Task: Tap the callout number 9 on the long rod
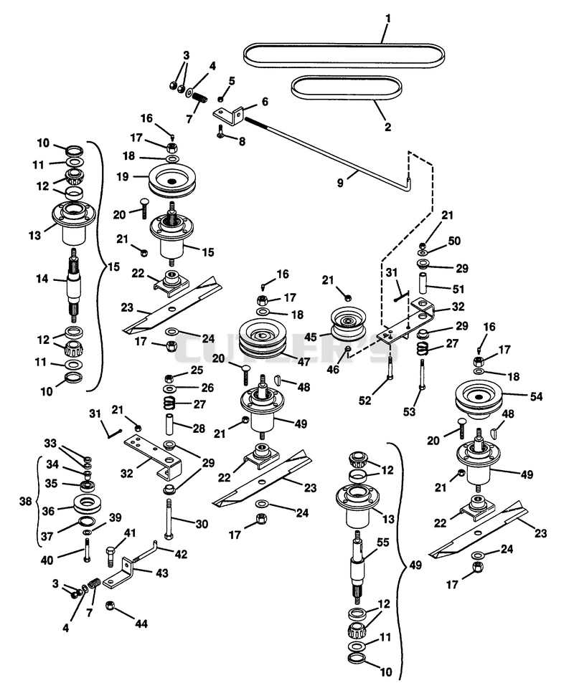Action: click(340, 183)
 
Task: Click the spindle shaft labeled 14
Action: click(74, 285)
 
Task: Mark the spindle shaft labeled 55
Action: click(359, 565)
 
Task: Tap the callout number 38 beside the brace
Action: click(25, 501)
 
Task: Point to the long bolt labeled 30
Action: click(169, 519)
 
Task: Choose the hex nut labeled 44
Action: click(110, 606)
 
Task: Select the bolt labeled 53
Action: click(421, 374)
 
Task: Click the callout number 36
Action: click(48, 511)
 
